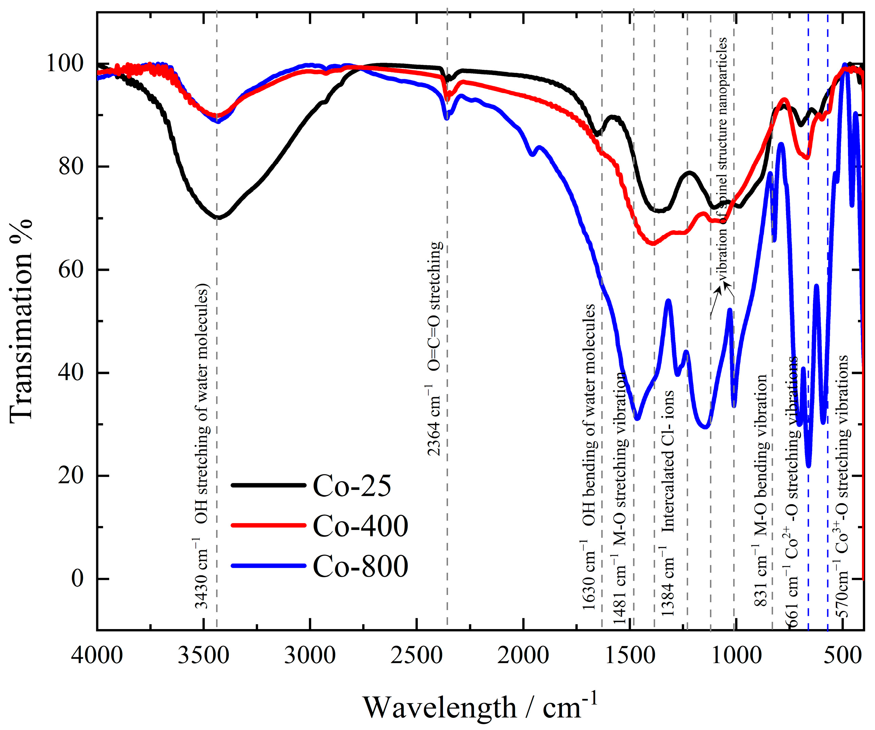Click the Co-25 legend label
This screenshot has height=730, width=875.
coord(352,486)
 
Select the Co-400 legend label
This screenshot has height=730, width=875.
coord(360,526)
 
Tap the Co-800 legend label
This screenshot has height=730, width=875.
coord(360,566)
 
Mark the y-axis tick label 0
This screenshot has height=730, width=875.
coord(77,579)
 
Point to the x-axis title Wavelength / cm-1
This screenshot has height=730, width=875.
coord(479,707)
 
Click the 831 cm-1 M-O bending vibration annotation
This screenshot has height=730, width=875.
coord(761,490)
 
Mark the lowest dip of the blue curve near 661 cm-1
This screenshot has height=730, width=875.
coord(808,466)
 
